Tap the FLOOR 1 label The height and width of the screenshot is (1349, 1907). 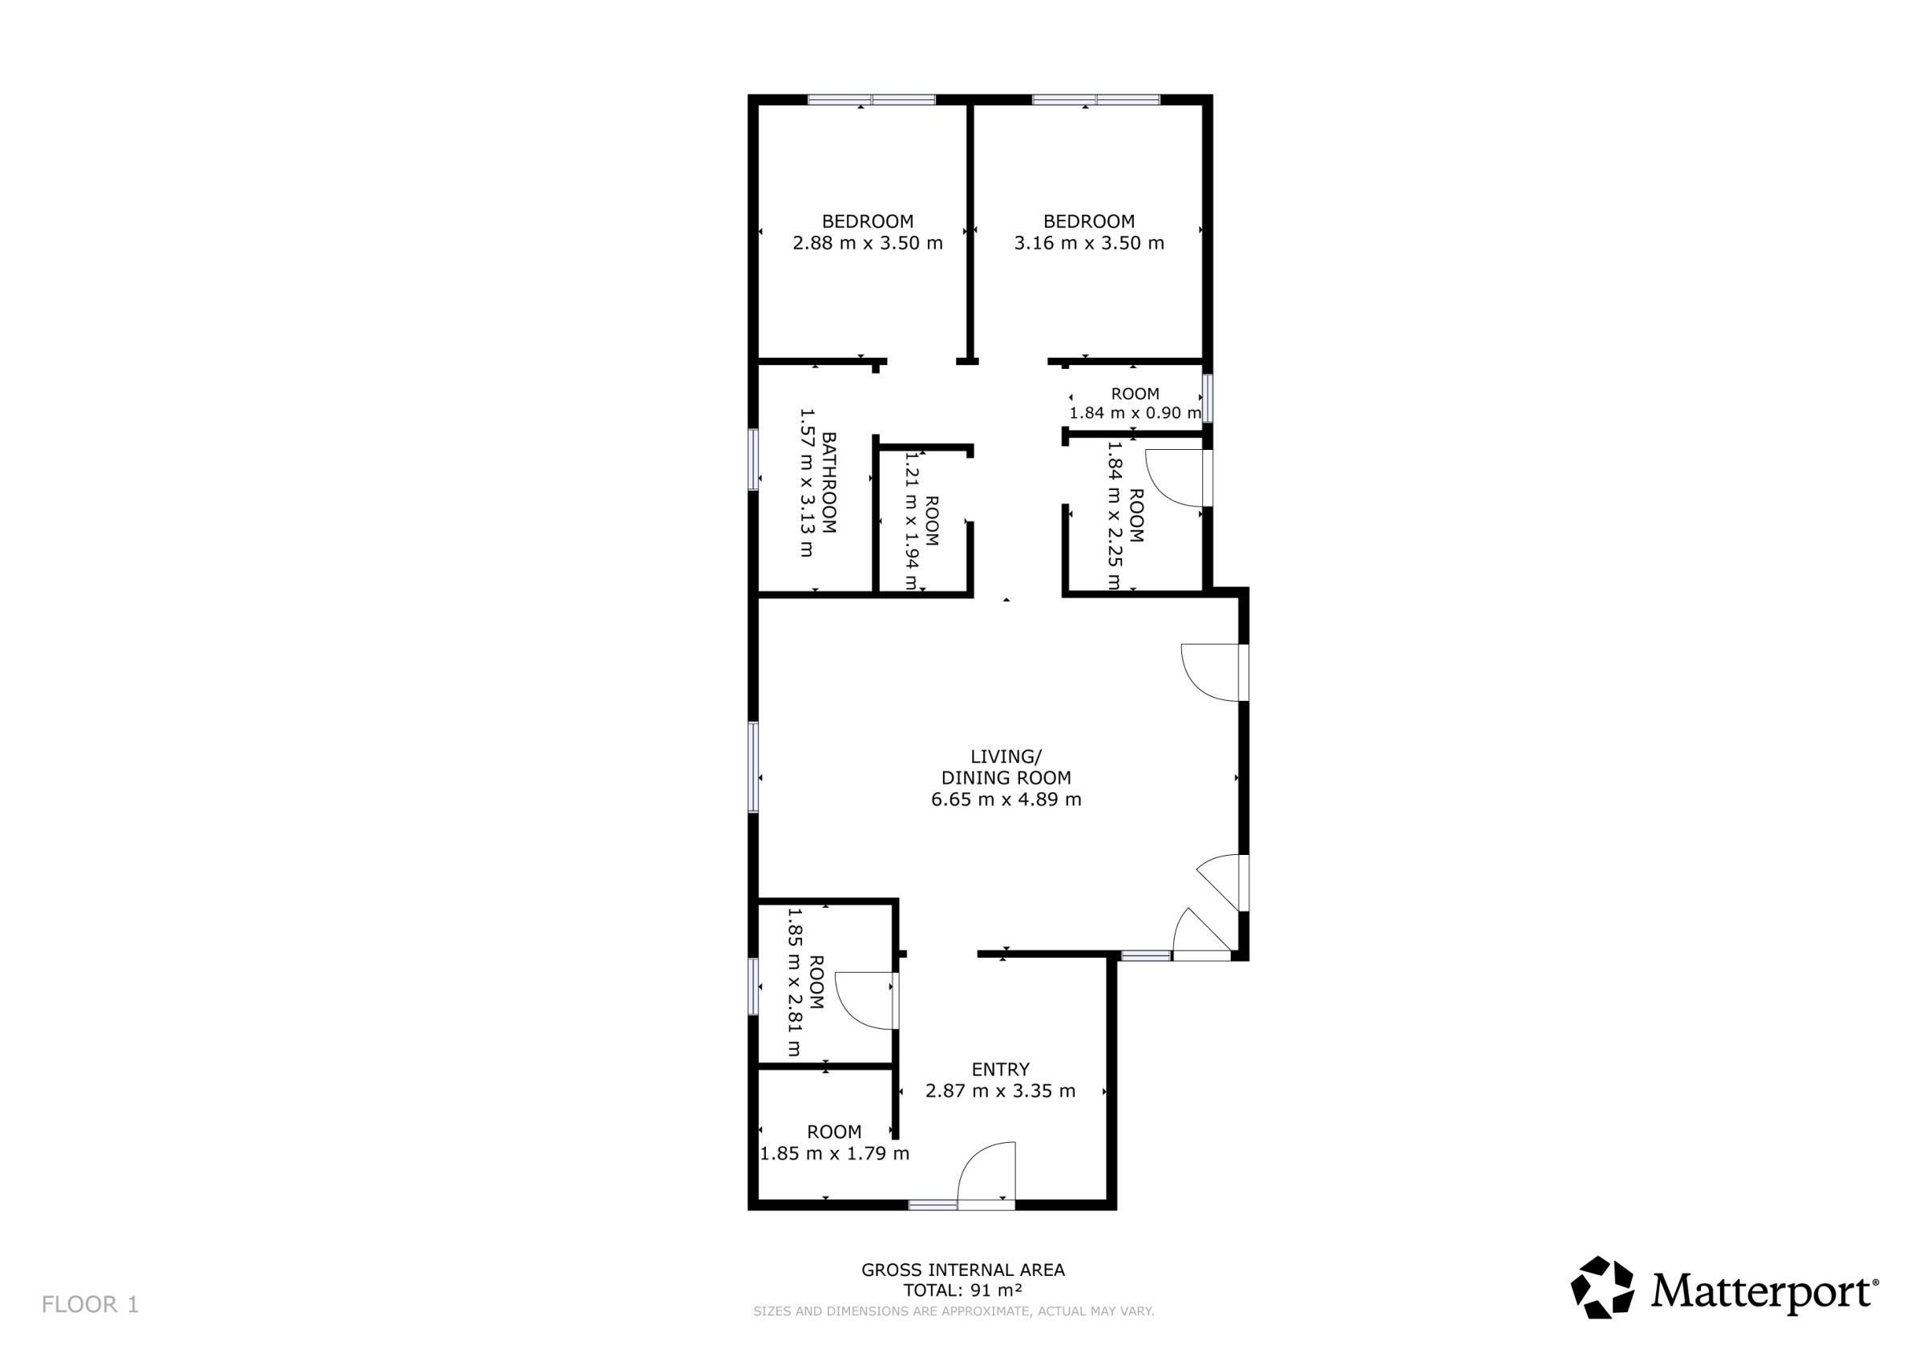point(90,1304)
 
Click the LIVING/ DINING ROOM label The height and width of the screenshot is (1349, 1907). point(1006,767)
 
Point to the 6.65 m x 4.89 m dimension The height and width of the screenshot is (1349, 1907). point(1006,799)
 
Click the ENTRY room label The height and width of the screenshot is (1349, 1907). point(1000,1069)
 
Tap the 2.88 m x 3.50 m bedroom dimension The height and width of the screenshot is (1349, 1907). point(867,243)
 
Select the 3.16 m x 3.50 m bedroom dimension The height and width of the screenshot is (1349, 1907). point(1089,243)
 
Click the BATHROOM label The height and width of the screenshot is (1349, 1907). point(828,482)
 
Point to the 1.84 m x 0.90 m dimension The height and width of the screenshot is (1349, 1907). point(1135,413)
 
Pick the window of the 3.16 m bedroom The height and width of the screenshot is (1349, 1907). point(1095,99)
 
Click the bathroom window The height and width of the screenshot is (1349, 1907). point(753,459)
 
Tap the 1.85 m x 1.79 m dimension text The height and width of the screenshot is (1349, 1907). point(834,1154)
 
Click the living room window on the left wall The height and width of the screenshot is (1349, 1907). point(753,767)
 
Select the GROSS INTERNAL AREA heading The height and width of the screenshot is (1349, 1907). point(962,1270)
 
